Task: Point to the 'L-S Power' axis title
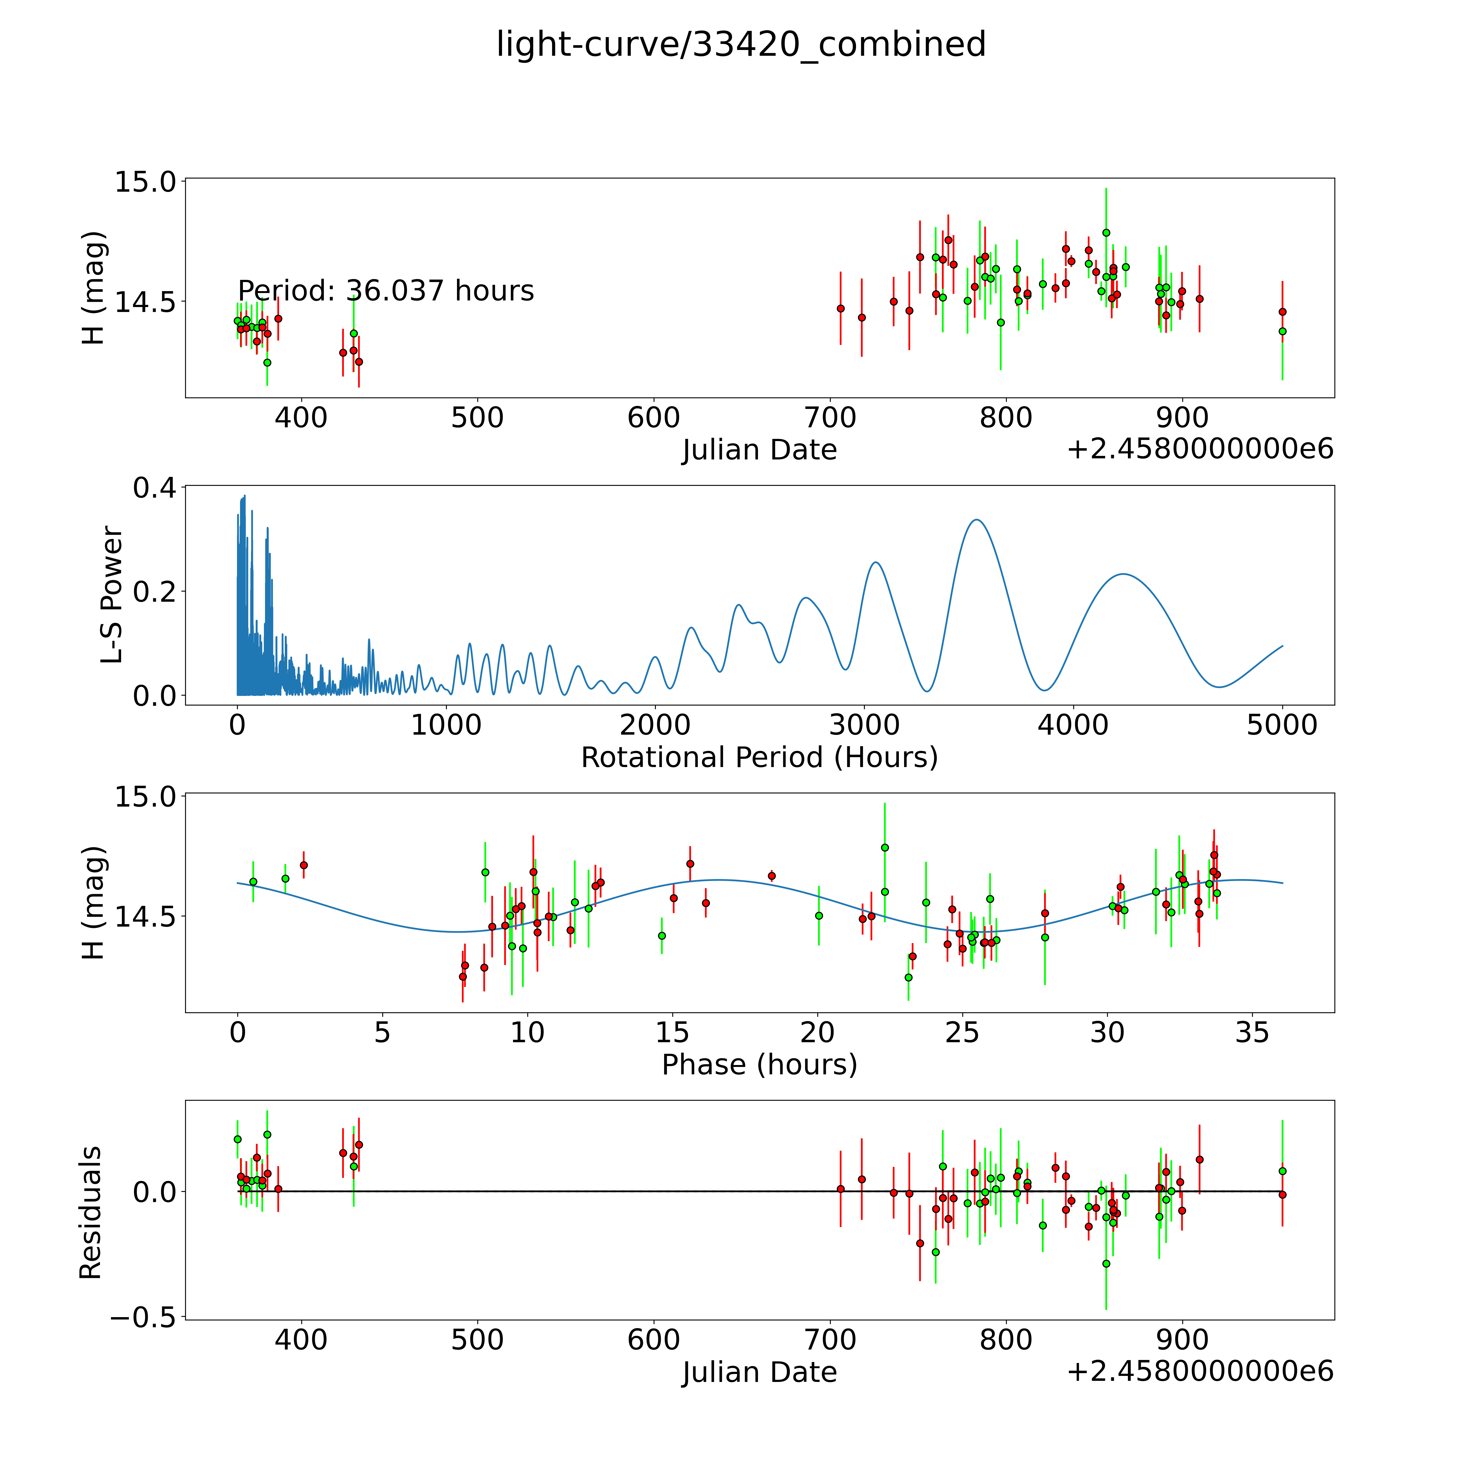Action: [x=112, y=595]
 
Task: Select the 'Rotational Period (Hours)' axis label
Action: [x=759, y=758]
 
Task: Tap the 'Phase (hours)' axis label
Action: [x=759, y=1065]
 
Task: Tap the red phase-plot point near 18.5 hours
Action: [x=771, y=876]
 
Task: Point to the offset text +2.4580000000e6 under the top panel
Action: [x=1200, y=449]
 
